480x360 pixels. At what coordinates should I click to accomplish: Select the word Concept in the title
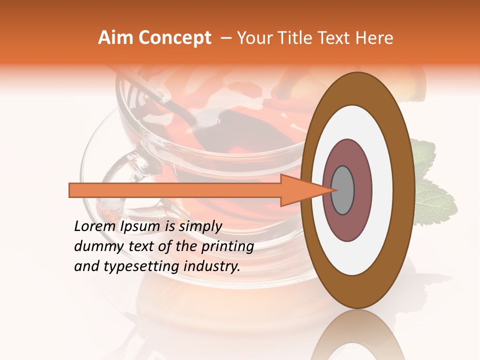[x=174, y=38]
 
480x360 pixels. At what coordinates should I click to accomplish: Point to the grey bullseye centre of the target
[x=342, y=190]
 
